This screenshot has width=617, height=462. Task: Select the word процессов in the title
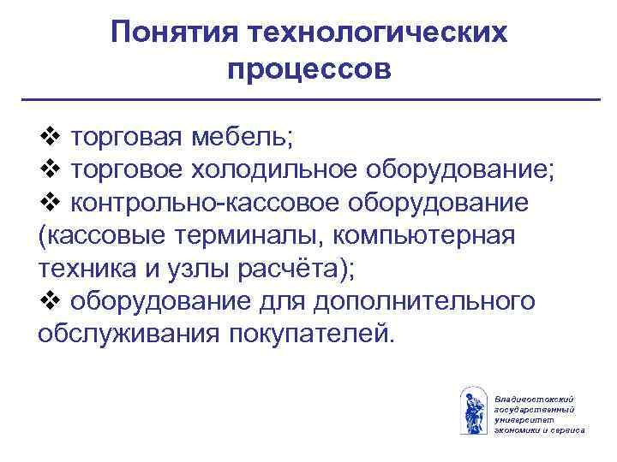(x=309, y=68)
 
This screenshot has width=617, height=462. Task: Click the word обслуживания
(x=129, y=334)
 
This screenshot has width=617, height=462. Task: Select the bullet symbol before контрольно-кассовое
(x=49, y=203)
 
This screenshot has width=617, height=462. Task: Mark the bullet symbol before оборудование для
(x=49, y=301)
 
